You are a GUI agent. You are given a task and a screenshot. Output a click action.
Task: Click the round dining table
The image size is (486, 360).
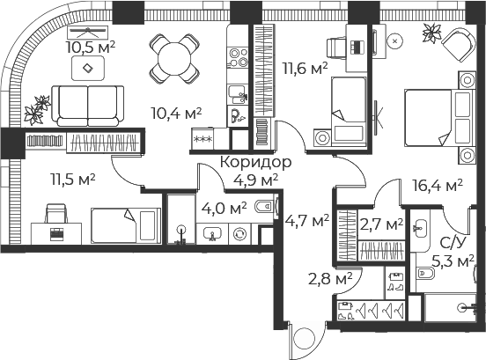coord(174,59)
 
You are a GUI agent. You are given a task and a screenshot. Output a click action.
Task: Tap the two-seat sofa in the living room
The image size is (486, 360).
coord(88,106)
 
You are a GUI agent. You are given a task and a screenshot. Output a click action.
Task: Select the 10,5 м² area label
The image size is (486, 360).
coord(91,48)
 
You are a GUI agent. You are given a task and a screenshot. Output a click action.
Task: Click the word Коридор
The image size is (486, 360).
coord(256,162)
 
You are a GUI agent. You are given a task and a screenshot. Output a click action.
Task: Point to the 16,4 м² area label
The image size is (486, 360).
coord(438,185)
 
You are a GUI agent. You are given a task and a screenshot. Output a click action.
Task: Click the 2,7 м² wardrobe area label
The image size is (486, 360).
coord(381,224)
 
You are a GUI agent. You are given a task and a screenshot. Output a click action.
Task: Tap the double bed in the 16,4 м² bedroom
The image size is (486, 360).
coord(440,117)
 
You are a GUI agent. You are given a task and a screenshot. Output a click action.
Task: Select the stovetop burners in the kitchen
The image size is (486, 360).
coord(239,58)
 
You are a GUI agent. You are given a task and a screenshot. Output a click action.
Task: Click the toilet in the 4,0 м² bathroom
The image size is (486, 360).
coord(264,206)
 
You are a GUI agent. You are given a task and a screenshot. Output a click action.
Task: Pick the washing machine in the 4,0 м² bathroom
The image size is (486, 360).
coord(239,234)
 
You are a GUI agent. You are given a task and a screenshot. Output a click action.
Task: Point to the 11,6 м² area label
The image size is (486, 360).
coord(305,68)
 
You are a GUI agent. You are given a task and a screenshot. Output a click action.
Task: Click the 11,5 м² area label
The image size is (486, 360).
coord(72,180)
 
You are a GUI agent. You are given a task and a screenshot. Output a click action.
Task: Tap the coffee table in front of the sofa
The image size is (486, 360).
coord(88,68)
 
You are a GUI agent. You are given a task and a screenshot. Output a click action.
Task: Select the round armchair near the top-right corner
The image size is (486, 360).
coord(459,45)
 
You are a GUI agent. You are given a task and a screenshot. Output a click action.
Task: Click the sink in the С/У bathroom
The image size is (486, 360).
coord(420,228)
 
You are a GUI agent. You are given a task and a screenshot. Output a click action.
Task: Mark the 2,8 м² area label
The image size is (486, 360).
coord(330,278)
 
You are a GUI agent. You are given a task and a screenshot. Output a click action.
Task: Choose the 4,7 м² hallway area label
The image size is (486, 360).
coord(307,221)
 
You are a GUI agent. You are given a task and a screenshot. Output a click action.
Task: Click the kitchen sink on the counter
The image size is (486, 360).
coord(238,94)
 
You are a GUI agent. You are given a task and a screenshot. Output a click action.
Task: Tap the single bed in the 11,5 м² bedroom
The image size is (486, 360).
coord(126,225)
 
